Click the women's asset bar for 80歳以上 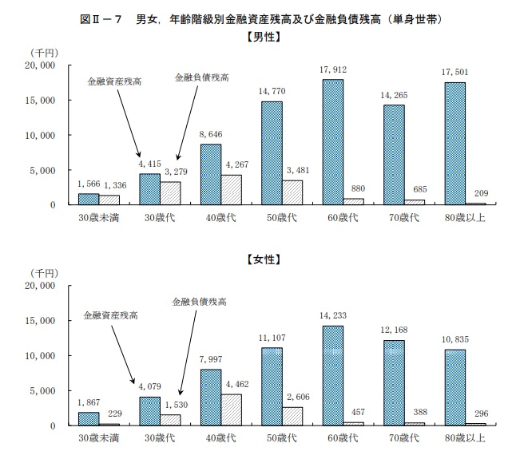coord(454,387)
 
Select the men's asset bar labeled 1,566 coord(88,199)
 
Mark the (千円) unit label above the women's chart coord(35,275)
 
